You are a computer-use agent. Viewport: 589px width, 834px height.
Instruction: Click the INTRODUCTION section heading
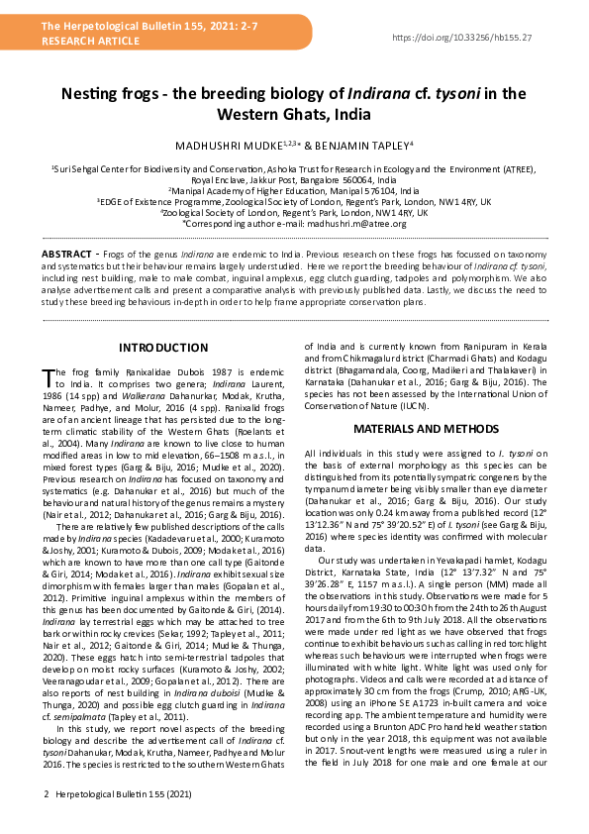163,348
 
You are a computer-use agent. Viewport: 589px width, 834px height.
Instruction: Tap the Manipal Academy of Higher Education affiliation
294,190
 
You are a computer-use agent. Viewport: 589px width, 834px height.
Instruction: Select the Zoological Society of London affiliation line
294,213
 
